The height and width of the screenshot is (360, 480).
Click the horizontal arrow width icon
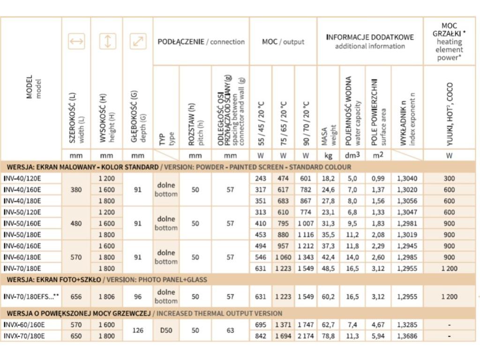point(76,41)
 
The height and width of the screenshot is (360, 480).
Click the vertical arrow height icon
point(107,41)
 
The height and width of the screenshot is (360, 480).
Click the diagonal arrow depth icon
point(138,41)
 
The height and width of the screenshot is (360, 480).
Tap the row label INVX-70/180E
point(24,336)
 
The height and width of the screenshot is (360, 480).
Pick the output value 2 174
point(306,336)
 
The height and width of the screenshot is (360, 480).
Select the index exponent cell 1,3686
point(407,336)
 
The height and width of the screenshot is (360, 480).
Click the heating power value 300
point(449,178)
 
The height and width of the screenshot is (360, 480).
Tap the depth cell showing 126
point(138,330)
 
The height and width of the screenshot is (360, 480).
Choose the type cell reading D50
point(166,330)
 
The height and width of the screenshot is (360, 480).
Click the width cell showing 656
point(76,297)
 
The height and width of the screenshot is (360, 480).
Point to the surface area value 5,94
point(378,336)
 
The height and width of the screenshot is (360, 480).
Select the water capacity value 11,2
point(352,234)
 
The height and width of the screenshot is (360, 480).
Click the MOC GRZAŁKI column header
point(449,42)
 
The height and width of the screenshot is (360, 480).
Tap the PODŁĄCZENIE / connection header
point(201,42)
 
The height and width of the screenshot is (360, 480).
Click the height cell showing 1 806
point(107,297)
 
